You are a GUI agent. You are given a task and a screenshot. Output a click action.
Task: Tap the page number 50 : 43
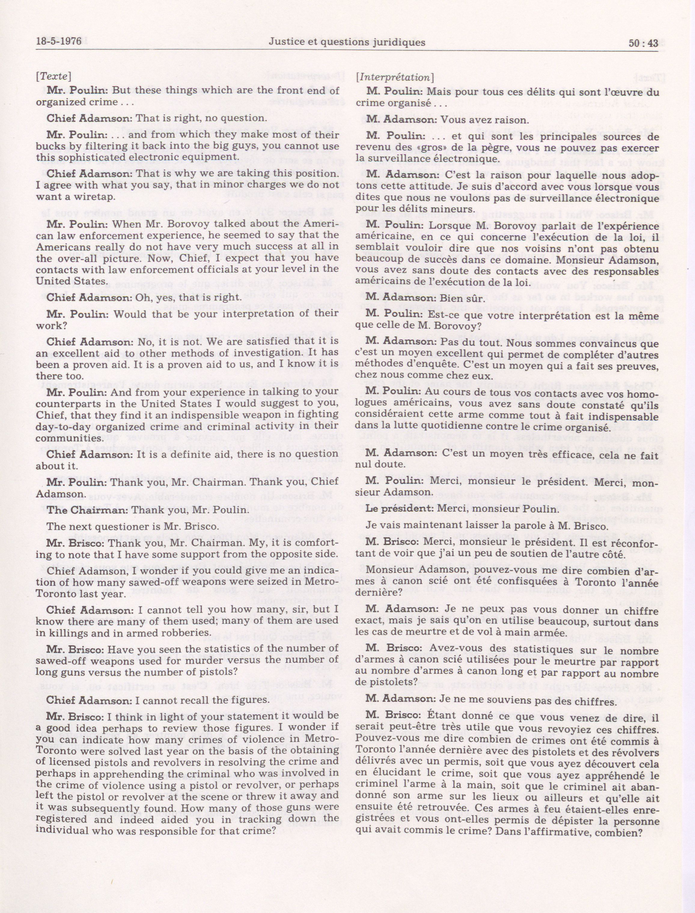tap(643, 43)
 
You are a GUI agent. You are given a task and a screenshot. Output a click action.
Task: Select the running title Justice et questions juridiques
tap(347, 42)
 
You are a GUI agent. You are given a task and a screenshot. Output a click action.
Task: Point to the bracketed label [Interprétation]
tap(395, 77)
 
